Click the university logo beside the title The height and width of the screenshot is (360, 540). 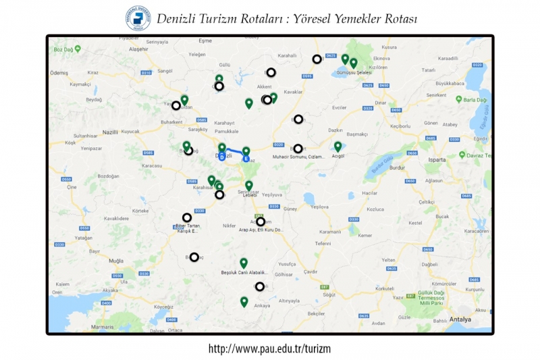click(138, 18)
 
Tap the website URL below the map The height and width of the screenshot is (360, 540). click(269, 349)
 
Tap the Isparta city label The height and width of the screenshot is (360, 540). click(437, 160)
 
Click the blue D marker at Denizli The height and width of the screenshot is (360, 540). click(222, 157)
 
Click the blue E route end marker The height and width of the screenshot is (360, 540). click(246, 160)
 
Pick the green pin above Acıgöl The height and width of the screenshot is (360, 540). click(337, 146)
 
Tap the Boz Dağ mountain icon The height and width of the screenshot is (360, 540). click(78, 49)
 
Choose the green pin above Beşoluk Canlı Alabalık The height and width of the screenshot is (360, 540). click(244, 263)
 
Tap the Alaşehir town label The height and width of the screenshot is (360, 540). click(138, 49)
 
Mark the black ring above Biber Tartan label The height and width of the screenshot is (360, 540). click(187, 217)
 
